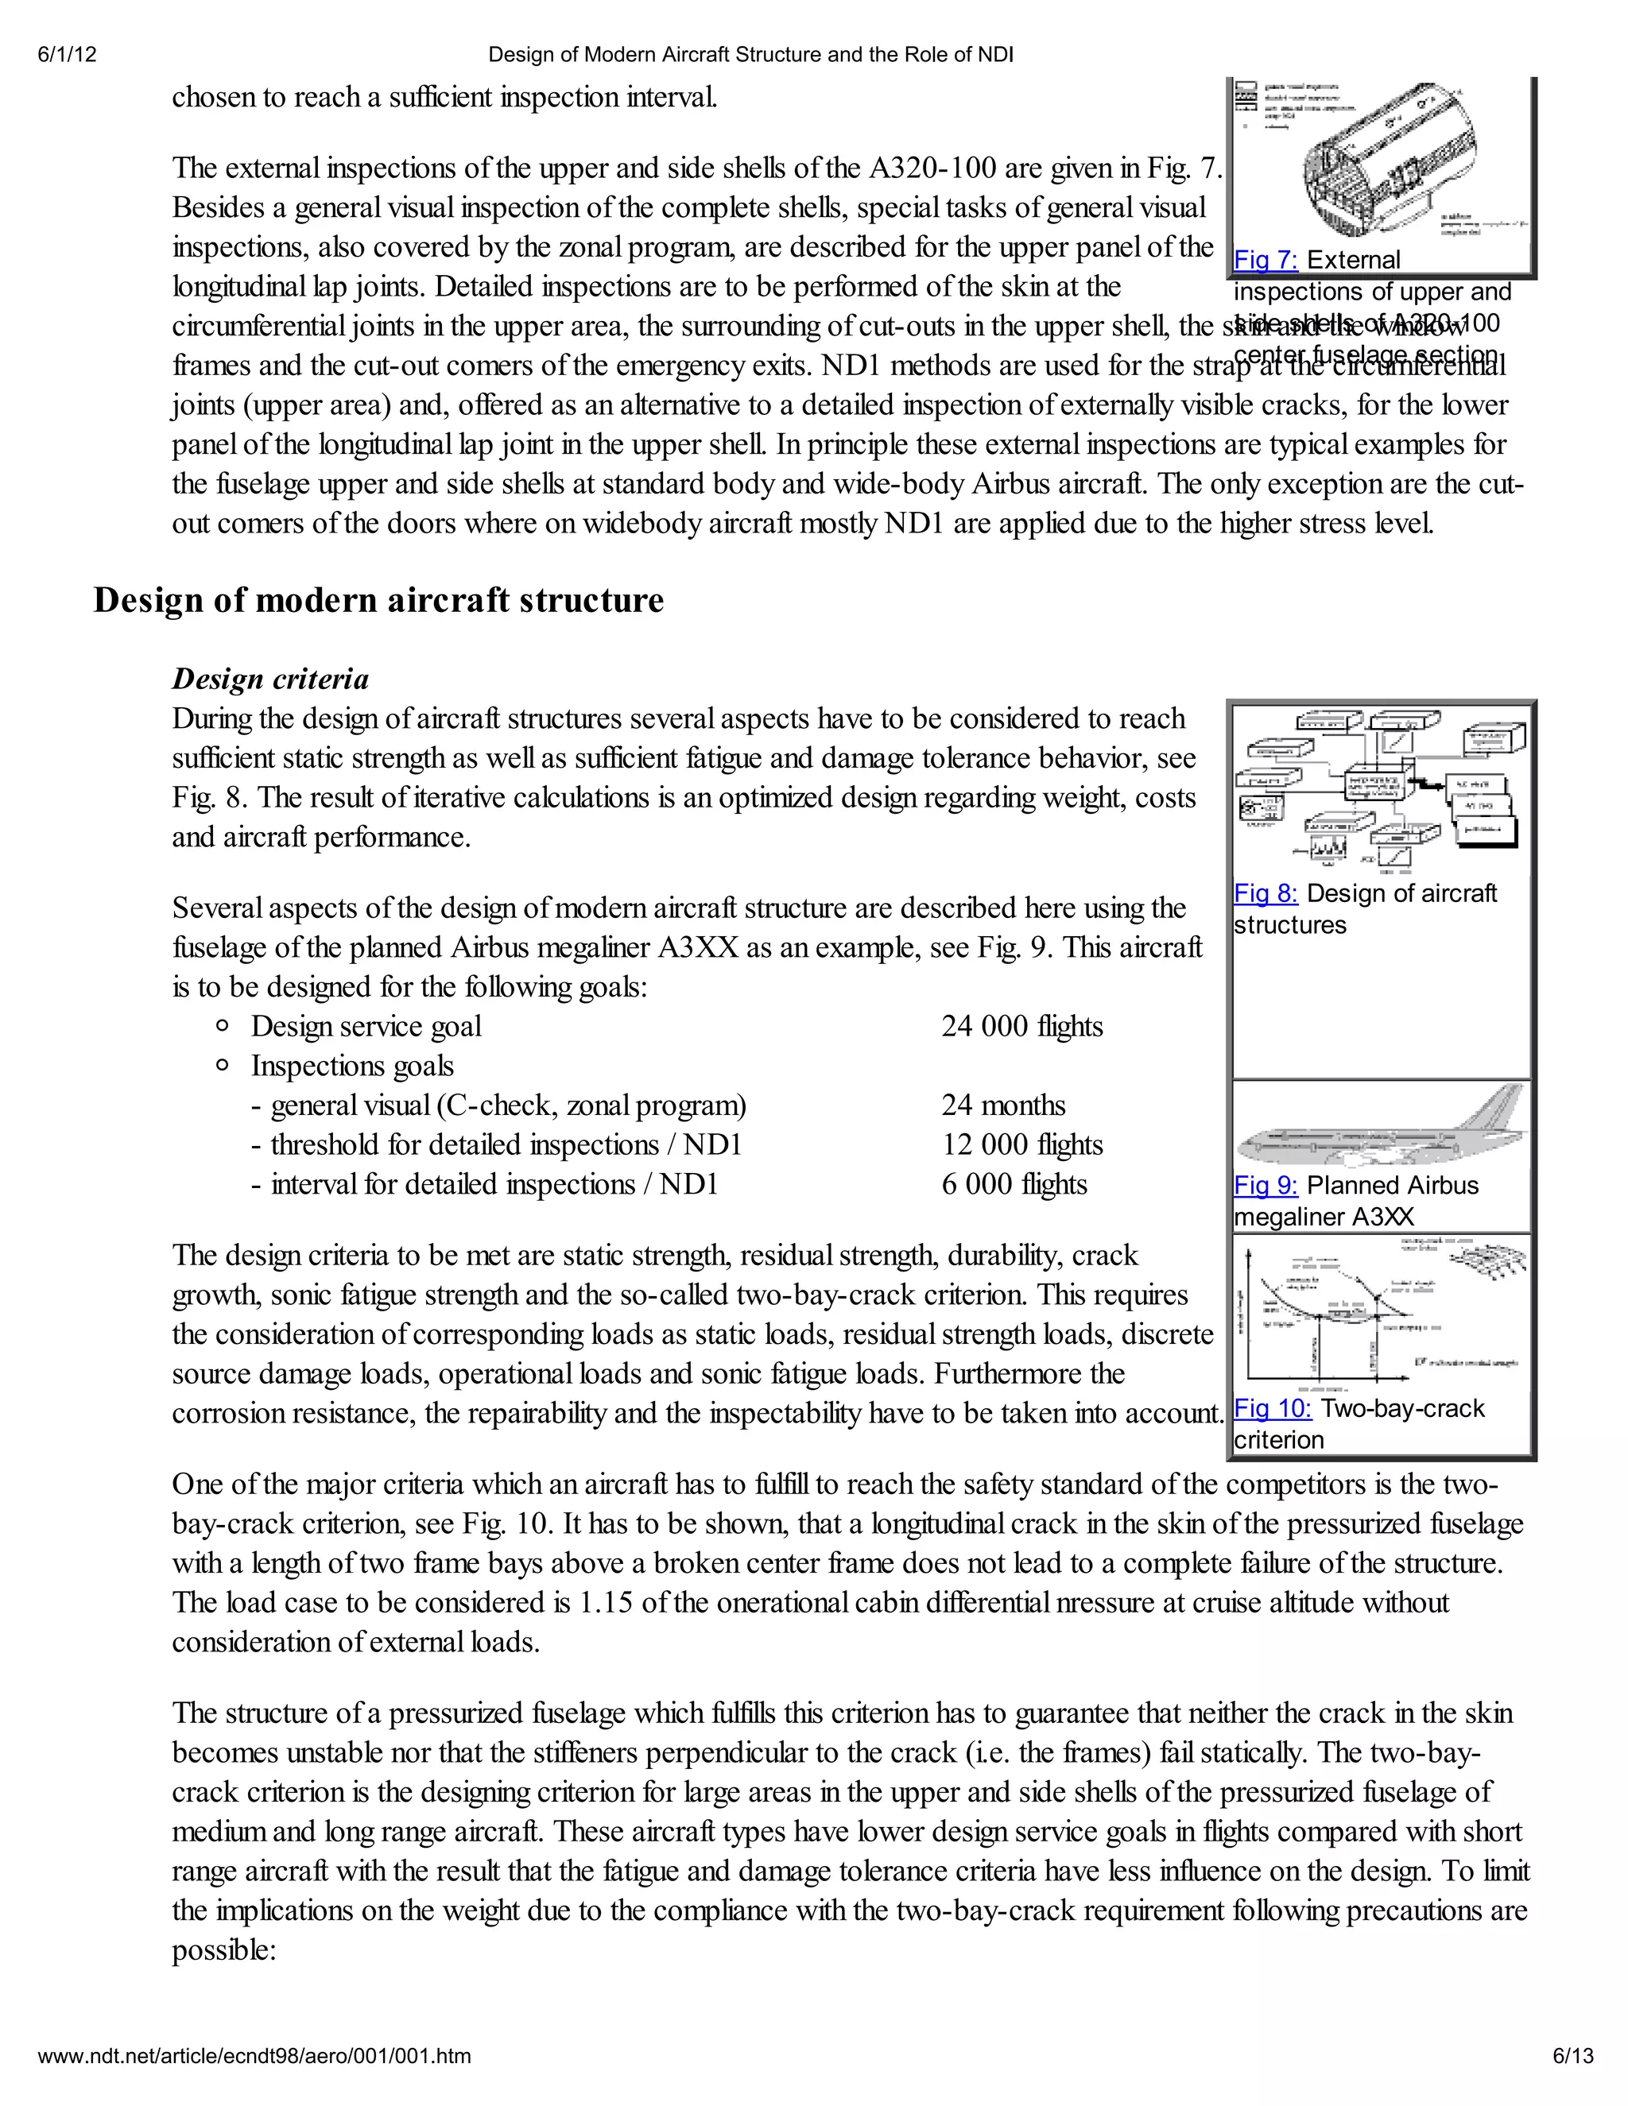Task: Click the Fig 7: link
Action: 1266,261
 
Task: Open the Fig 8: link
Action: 1266,894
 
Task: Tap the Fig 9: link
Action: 1266,1186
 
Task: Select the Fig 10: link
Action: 1272,1409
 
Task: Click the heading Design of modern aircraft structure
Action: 378,600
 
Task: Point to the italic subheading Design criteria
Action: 270,679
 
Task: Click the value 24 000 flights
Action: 1021,1026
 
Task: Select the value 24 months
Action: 1003,1105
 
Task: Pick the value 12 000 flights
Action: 1021,1144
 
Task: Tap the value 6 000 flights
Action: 1014,1184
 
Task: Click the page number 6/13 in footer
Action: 1572,2056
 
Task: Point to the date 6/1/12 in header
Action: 68,55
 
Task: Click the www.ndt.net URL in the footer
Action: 254,2056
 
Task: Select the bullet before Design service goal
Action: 223,1026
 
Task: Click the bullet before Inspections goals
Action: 223,1066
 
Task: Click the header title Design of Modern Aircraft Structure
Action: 750,55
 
